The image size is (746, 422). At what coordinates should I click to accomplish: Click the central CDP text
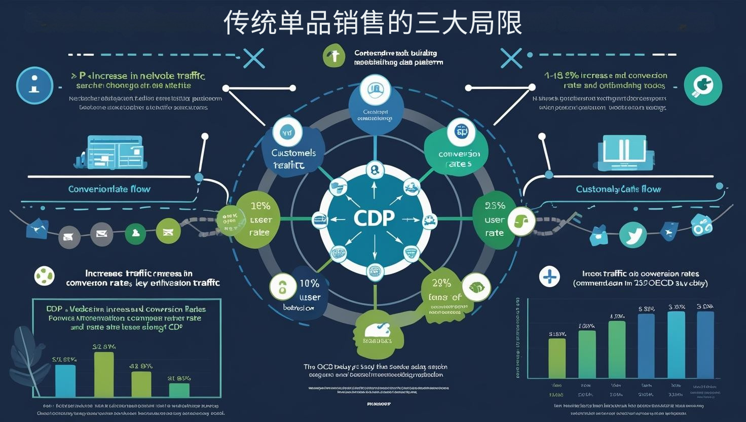[374, 218]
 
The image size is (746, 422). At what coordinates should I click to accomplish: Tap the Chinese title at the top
[372, 23]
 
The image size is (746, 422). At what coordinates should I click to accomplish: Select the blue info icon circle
[34, 85]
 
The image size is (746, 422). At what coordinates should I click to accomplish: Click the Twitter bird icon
[633, 235]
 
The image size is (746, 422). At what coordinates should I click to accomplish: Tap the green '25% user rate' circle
[494, 219]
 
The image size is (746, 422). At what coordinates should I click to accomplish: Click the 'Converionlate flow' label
[109, 189]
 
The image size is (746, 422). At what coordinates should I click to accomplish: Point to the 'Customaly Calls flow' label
[618, 189]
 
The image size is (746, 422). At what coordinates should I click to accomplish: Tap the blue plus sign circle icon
[549, 277]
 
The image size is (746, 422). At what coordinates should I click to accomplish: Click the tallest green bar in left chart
[104, 374]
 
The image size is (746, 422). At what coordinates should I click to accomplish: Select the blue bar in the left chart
[65, 380]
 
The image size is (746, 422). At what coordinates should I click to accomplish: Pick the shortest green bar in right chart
[557, 358]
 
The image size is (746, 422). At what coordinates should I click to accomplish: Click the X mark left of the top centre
[254, 58]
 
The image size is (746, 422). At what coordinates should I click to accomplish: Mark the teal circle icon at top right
[702, 86]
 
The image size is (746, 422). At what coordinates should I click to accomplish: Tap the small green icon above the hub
[333, 56]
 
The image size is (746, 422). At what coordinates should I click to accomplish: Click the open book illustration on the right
[623, 152]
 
